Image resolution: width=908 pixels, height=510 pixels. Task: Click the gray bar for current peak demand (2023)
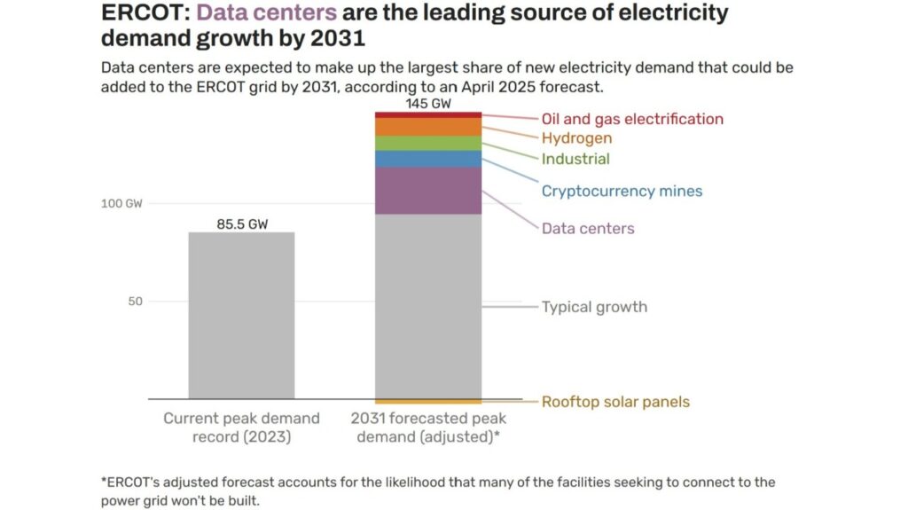pyautogui.click(x=241, y=315)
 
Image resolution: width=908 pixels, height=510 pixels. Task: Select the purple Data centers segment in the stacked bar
pyautogui.click(x=428, y=191)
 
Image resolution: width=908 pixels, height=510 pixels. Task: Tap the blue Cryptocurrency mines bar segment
pyautogui.click(x=428, y=159)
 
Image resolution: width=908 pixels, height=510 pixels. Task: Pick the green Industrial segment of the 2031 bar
pyautogui.click(x=428, y=143)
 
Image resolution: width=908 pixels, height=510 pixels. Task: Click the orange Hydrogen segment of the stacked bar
pyautogui.click(x=428, y=127)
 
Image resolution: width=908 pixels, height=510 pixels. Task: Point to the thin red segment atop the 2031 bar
pyautogui.click(x=428, y=115)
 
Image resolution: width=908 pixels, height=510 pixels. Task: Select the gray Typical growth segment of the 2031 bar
pyautogui.click(x=428, y=306)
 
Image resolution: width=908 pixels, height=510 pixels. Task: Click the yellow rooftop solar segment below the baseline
pyautogui.click(x=428, y=402)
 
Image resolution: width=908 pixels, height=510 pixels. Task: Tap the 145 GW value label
pyautogui.click(x=428, y=103)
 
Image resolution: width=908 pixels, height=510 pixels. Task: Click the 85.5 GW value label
pyautogui.click(x=242, y=224)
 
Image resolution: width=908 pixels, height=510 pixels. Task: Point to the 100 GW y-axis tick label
pyautogui.click(x=121, y=203)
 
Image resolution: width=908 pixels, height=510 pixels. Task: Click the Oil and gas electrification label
pyautogui.click(x=632, y=119)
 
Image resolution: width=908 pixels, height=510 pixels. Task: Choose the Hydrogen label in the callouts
pyautogui.click(x=576, y=138)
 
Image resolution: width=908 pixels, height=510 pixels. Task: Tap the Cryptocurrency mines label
pyautogui.click(x=622, y=191)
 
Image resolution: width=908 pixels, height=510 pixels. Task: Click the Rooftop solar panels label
pyautogui.click(x=615, y=402)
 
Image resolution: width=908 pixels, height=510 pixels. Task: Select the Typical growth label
pyautogui.click(x=594, y=307)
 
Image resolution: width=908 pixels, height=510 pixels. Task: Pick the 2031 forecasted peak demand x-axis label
pyautogui.click(x=428, y=427)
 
